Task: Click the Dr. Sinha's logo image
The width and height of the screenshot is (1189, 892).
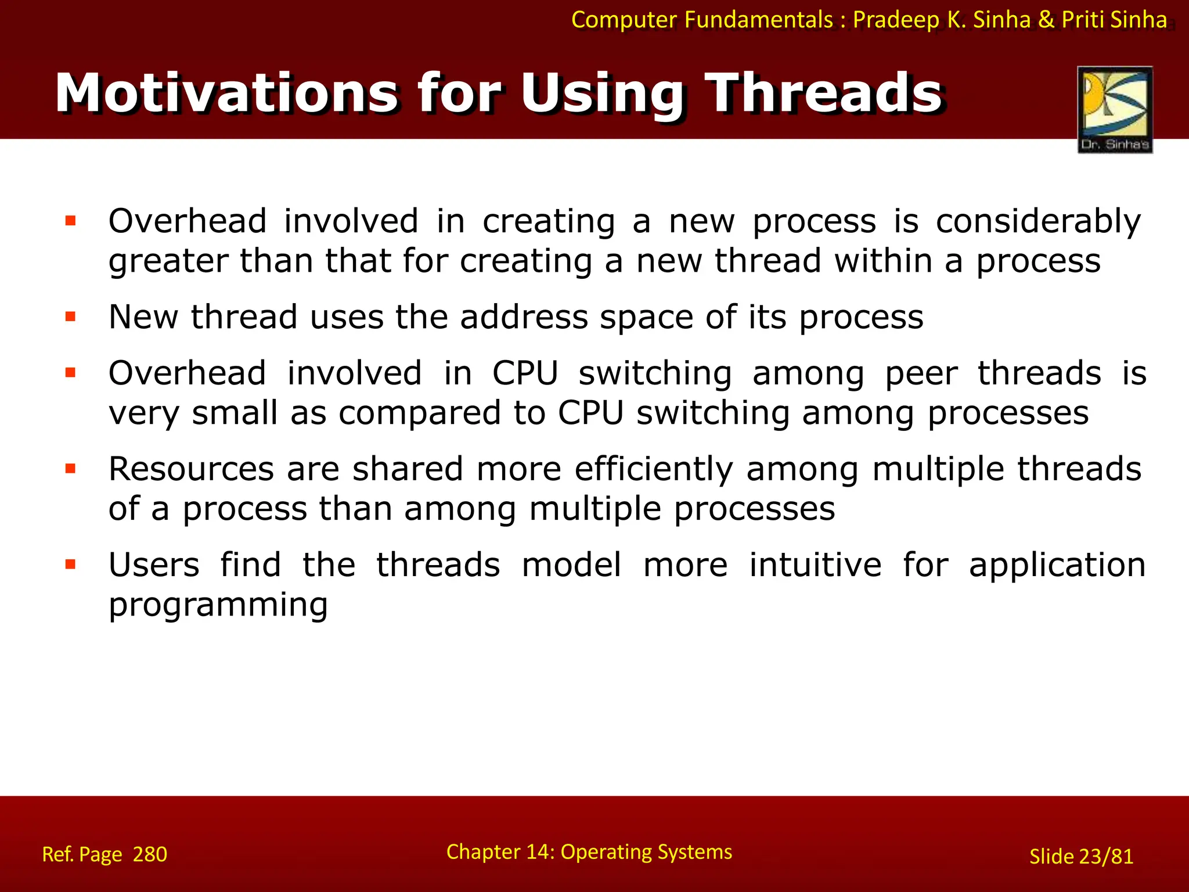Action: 1115,109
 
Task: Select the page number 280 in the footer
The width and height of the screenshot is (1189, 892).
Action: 150,854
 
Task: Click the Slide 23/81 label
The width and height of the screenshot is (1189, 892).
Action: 1081,857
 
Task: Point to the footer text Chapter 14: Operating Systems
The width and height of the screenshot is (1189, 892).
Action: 589,852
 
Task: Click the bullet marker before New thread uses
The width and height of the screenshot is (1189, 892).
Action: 71,317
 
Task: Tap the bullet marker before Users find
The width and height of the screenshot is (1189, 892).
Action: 71,564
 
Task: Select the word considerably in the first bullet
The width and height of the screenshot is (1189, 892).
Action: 1038,222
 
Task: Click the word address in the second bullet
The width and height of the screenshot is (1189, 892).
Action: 524,317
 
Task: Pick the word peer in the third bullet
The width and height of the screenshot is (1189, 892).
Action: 921,373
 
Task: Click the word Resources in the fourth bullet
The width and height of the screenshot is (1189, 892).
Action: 191,469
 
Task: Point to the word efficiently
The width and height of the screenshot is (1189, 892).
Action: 654,469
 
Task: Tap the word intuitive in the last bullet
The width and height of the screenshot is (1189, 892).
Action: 815,564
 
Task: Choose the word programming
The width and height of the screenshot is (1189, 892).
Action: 218,605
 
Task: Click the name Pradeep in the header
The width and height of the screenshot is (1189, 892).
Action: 896,20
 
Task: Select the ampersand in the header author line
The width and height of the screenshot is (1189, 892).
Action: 1046,20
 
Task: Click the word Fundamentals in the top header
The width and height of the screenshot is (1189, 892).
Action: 758,20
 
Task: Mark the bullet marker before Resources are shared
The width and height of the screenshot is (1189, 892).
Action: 71,469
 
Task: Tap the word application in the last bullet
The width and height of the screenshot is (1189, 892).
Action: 1057,566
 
